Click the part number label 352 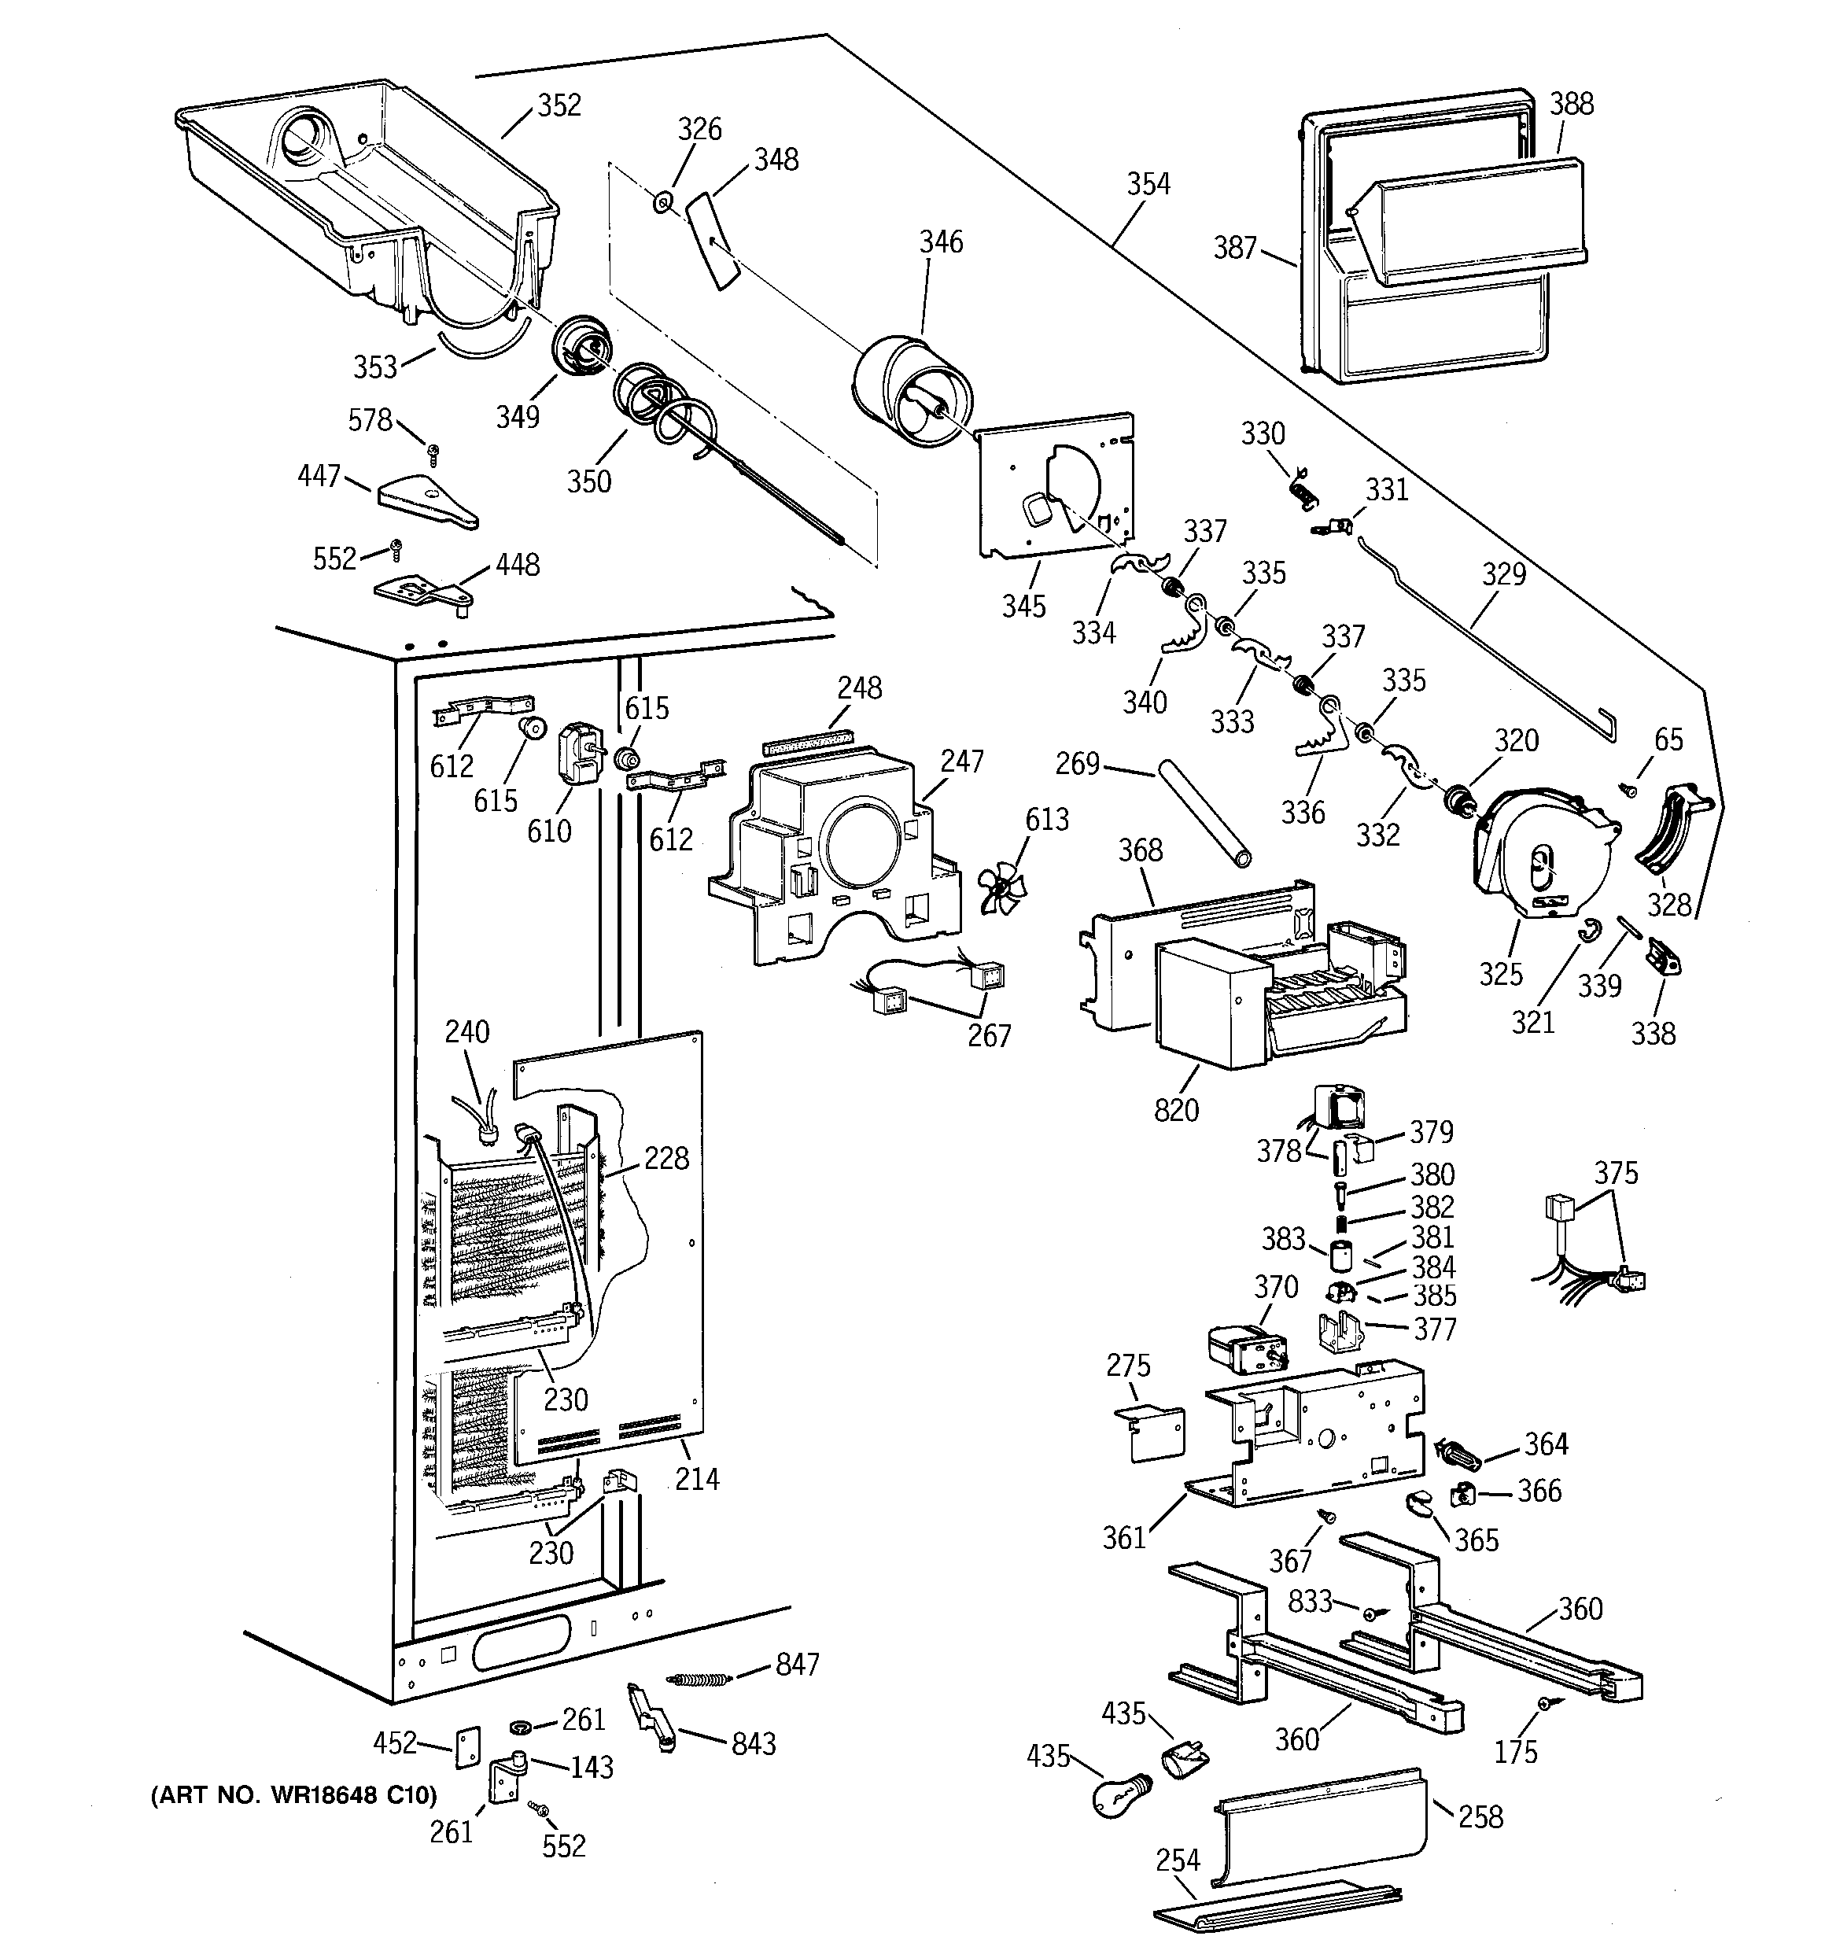[x=559, y=105]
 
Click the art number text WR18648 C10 [x=293, y=1794]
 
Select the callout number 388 [x=1571, y=104]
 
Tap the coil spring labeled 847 [x=699, y=1679]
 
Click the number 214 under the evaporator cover [x=696, y=1479]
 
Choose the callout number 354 [x=1148, y=184]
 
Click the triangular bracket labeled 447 [x=427, y=500]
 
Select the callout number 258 [x=1480, y=1816]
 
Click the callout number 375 [x=1616, y=1172]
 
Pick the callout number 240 [x=467, y=1031]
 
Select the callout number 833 [x=1310, y=1602]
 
